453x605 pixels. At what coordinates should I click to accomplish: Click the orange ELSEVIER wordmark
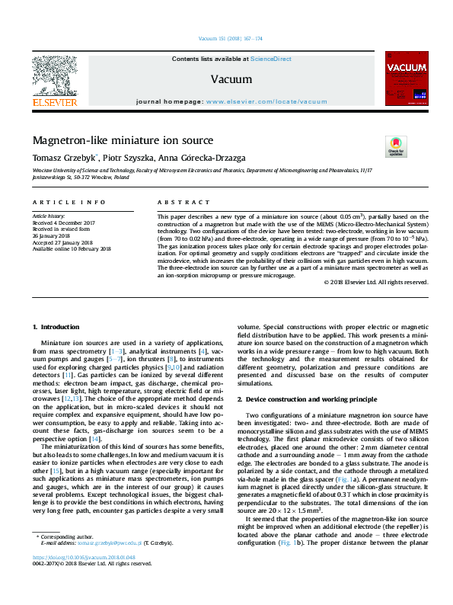(x=53, y=101)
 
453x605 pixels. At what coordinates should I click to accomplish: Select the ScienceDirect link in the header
(x=271, y=59)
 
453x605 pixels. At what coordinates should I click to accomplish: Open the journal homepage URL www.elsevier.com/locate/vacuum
(x=266, y=101)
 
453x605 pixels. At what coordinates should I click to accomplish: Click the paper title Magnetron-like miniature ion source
(x=123, y=141)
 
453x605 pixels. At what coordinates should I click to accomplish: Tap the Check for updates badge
(x=397, y=145)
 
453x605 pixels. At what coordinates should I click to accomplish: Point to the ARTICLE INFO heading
(x=69, y=203)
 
